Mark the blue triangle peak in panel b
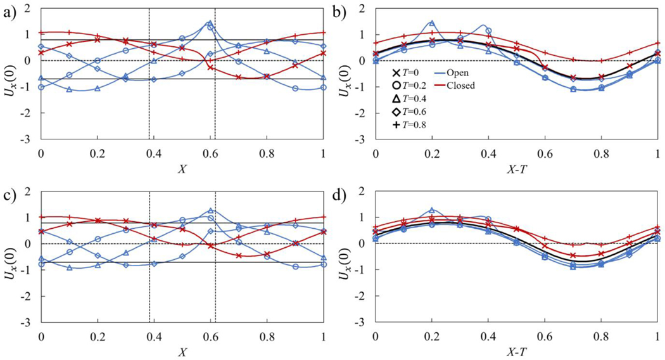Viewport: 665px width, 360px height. tap(432, 22)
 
